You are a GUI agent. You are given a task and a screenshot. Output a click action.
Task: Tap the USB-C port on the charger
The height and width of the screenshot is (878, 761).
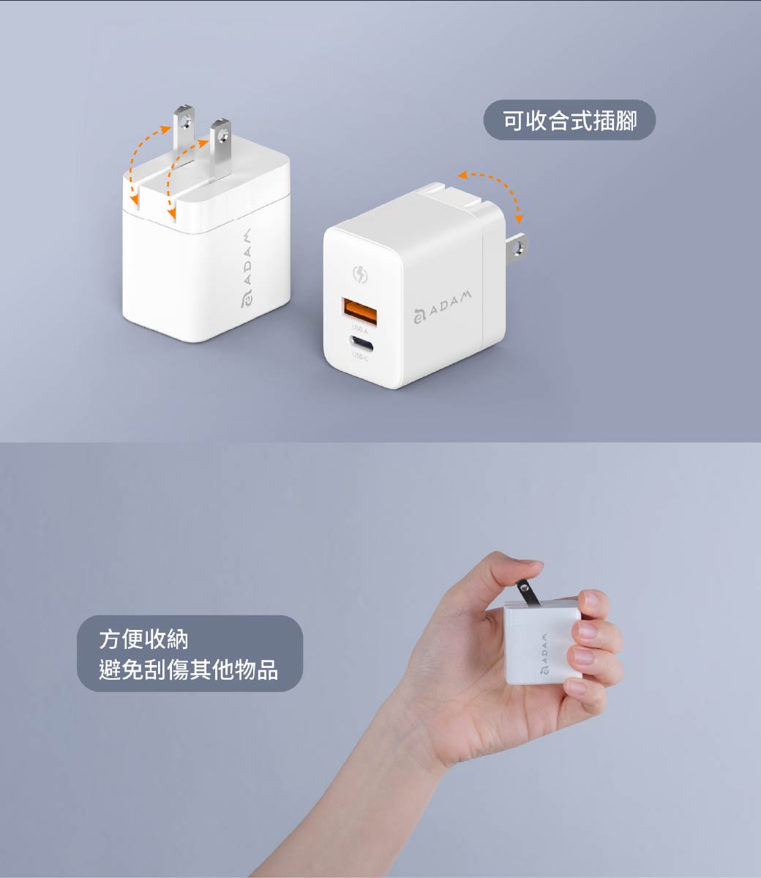click(361, 344)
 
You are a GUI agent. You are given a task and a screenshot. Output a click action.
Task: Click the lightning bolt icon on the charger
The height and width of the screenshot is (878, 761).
click(360, 274)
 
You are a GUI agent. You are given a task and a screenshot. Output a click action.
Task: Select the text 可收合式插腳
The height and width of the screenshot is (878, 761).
click(570, 120)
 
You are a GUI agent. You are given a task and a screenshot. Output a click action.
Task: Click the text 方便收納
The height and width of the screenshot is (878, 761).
click(143, 639)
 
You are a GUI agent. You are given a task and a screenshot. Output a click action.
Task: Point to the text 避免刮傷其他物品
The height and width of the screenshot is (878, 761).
click(189, 670)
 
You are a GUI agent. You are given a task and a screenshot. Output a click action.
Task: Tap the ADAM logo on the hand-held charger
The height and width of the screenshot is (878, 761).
click(544, 653)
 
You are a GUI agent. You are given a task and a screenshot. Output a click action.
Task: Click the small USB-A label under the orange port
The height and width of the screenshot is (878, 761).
click(359, 329)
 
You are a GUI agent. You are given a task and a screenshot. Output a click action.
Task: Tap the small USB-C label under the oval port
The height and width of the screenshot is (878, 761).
click(360, 357)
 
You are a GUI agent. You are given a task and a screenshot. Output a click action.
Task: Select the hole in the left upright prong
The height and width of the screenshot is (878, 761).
click(185, 123)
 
